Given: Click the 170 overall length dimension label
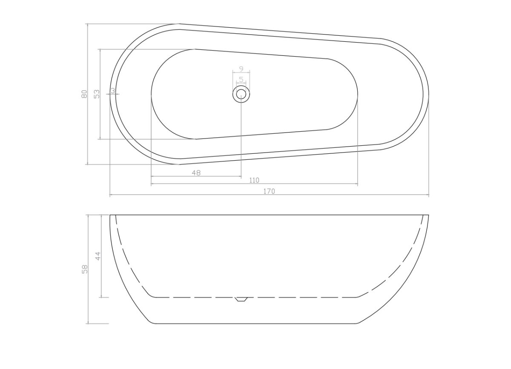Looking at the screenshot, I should point(269,191).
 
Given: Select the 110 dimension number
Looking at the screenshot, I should point(254,180).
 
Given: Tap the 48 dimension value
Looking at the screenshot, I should point(196,173).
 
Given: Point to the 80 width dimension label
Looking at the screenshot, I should point(84,94).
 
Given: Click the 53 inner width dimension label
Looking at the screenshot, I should point(97,94).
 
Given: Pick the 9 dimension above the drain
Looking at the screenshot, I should point(241,69).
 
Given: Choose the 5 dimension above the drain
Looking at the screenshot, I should point(241,79).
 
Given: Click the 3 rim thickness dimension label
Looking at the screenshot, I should point(112,90).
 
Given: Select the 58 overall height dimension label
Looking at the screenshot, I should point(84,269).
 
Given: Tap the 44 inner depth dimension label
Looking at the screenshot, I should point(98,256).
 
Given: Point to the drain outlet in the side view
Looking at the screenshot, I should point(241,299).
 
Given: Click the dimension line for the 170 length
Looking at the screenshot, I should point(341,195).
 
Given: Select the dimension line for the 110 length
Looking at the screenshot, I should point(307,184).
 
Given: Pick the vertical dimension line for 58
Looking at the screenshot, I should point(88,298).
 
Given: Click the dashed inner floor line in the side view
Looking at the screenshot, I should point(298,297).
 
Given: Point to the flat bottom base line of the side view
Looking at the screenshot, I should point(255,323).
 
